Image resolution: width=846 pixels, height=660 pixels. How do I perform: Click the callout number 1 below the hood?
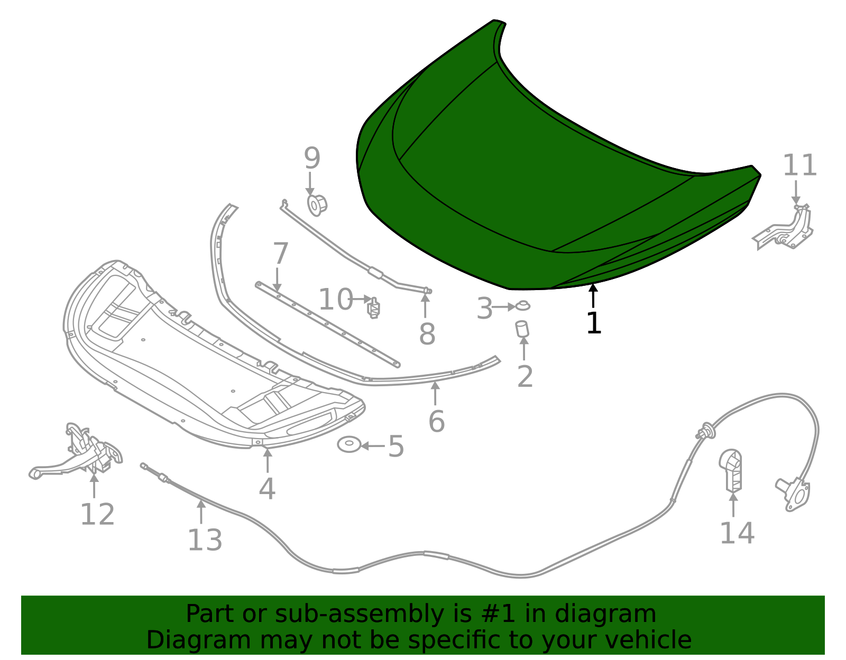(594, 323)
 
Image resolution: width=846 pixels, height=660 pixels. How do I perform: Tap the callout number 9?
(312, 158)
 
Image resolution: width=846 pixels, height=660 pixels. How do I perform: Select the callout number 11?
(799, 165)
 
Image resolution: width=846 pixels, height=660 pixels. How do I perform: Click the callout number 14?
(737, 533)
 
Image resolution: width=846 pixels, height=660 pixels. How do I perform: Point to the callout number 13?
(205, 540)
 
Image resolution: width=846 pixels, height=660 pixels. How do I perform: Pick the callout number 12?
(97, 514)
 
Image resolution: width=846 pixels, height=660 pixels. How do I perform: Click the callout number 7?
(280, 254)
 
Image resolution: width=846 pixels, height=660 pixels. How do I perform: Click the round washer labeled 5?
(349, 444)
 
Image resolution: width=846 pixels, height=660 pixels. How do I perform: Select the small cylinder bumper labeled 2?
(522, 329)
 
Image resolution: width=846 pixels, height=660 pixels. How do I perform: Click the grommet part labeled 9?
(317, 204)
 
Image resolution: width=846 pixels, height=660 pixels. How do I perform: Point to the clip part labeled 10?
(374, 308)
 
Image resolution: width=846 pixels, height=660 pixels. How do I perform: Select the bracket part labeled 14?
(731, 469)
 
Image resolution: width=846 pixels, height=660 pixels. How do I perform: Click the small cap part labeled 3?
(522, 305)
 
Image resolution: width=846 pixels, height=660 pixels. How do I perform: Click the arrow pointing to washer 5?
(373, 446)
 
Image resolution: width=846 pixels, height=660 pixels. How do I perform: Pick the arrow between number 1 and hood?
(594, 296)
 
